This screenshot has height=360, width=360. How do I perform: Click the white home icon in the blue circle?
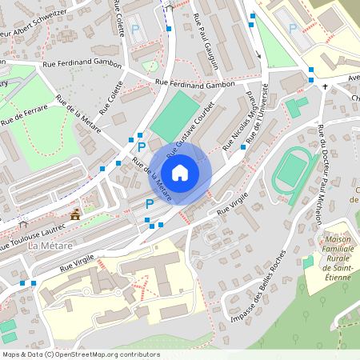pyautogui.click(x=180, y=173)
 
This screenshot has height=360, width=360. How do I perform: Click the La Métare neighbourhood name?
pyautogui.click(x=50, y=246)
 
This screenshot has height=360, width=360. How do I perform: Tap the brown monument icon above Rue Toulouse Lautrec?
pyautogui.click(x=75, y=214)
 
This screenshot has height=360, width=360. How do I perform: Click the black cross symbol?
pyautogui.click(x=325, y=86)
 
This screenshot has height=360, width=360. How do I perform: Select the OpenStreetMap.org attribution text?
pyautogui.click(x=80, y=354)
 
